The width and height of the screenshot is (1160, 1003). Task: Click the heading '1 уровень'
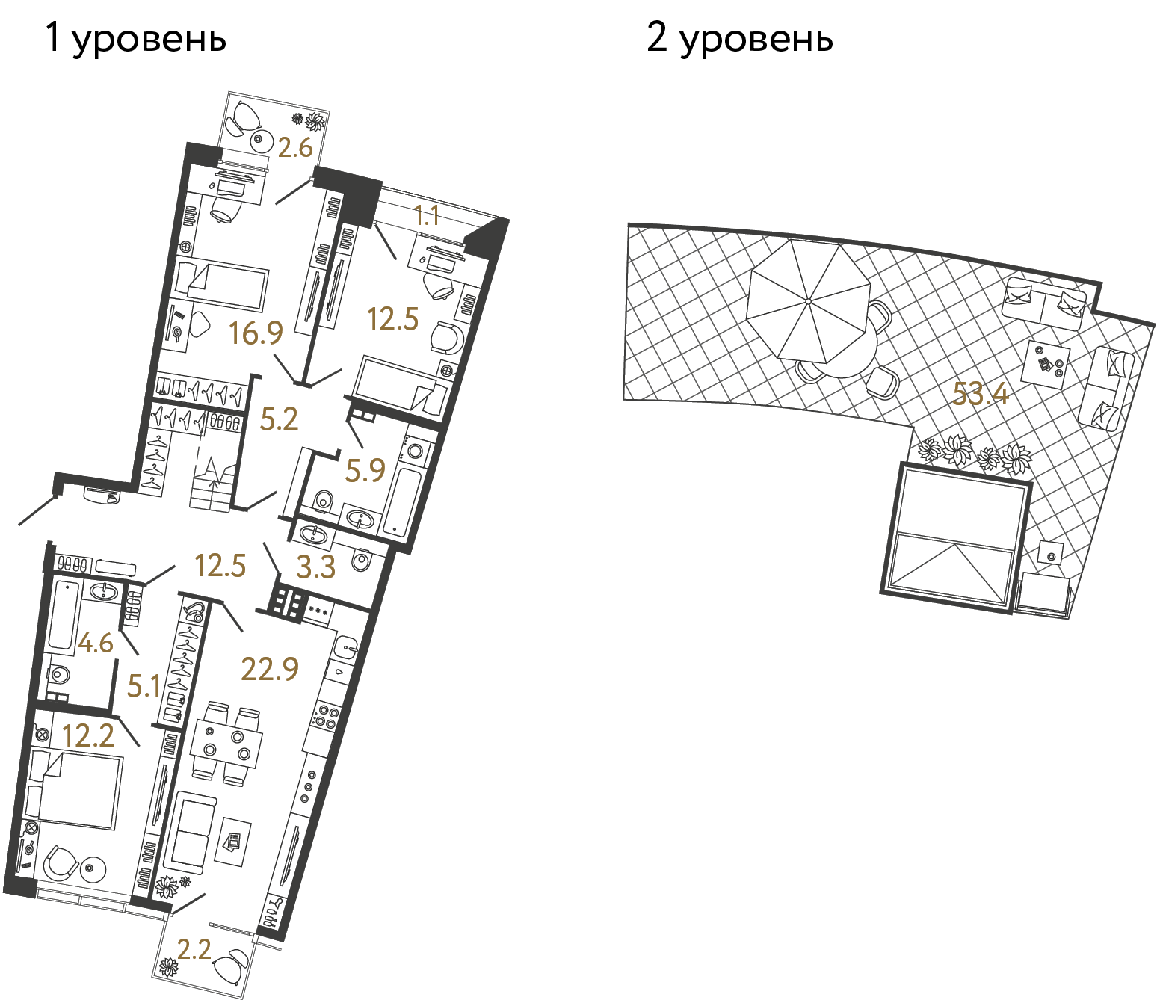coord(135,37)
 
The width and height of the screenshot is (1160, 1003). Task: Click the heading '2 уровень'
coord(739,37)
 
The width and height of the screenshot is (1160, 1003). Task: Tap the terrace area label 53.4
coord(980,394)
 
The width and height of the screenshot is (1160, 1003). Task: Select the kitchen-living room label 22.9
coord(270,669)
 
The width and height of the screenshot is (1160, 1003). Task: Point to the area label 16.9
coord(256,333)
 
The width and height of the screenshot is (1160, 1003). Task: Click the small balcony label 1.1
coord(426,216)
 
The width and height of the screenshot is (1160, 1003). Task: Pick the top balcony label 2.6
coord(294,147)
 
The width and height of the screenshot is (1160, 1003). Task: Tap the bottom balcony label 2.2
coord(194,949)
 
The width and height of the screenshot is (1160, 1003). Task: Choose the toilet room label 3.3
coord(315,567)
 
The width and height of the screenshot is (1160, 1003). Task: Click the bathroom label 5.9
coord(365,470)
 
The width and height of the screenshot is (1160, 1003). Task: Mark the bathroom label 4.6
coord(96,642)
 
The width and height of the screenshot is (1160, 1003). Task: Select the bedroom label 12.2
coord(88,736)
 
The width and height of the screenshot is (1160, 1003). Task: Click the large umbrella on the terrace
coord(809,301)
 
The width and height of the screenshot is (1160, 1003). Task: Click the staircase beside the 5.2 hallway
coord(212,486)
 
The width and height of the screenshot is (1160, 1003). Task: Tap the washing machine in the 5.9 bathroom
coord(416,451)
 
